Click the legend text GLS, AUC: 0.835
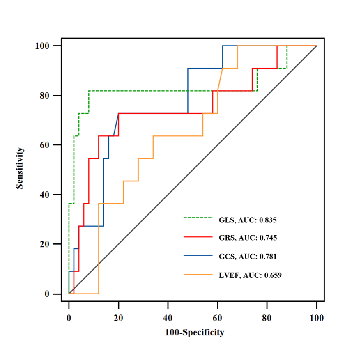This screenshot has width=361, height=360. pos(248,220)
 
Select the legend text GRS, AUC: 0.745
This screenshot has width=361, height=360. pos(248,238)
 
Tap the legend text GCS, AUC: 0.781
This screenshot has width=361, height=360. pos(248,257)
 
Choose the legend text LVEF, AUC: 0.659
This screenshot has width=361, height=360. pos(250,275)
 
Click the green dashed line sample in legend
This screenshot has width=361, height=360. pos(198,218)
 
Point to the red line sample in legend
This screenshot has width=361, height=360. pos(198,237)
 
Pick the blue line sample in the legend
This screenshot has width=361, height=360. pos(198,255)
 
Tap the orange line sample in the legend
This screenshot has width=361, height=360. pos(198,274)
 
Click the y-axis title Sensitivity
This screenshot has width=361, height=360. pos(19,169)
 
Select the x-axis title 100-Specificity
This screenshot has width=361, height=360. pos(195,332)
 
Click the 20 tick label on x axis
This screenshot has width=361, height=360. pos(118,318)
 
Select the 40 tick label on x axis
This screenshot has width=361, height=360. pos(168,318)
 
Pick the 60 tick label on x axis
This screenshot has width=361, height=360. pos(218,318)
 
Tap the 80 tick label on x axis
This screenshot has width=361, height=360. pos(267,318)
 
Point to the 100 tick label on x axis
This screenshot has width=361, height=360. pos(317,318)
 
